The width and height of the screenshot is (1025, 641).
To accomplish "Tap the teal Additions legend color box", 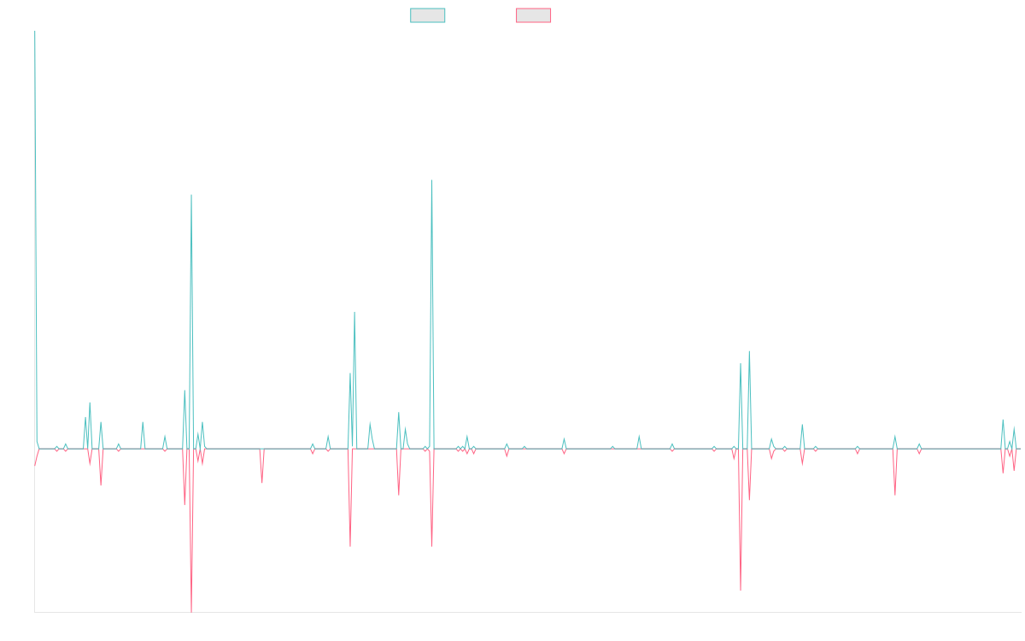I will point(428,15).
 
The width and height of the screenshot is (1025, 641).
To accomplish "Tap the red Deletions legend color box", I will point(534,15).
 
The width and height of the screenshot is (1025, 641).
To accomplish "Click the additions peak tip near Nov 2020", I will point(431,180).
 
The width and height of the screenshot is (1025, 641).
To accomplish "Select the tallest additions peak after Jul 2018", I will point(191,195).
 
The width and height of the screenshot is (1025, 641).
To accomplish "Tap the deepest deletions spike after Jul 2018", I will point(191,611).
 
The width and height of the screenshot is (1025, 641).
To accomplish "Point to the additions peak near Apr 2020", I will point(354,312).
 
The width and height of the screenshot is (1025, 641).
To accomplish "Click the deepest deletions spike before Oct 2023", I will point(741,591).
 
